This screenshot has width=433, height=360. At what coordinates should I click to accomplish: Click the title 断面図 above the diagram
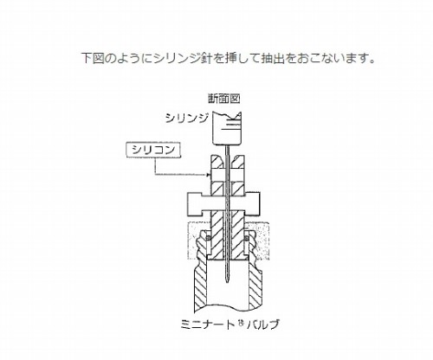pos(223,99)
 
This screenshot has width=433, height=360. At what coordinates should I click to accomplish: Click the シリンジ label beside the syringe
pos(186,118)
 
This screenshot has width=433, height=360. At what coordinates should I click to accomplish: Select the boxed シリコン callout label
pos(153,151)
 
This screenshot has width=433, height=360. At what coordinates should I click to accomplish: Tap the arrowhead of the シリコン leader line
pos(209,175)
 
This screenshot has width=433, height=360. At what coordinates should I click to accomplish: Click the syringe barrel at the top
pos(227,128)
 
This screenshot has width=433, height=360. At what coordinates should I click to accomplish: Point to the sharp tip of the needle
pos(227,284)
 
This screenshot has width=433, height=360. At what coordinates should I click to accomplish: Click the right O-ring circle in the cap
pos(246,238)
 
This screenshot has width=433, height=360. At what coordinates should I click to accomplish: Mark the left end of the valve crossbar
pos(188,204)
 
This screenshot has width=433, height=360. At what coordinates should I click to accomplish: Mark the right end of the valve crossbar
pos(259,204)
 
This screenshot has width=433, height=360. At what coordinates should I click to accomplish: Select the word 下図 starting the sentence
pos(93,59)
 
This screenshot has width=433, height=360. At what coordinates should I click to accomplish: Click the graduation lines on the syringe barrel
pos(232,124)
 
